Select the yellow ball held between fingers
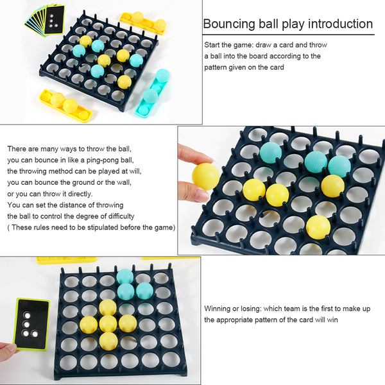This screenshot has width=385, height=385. pyautogui.click(x=205, y=176)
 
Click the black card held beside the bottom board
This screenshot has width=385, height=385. pyautogui.click(x=31, y=325)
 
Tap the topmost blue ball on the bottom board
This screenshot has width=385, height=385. pyautogui.click(x=125, y=276)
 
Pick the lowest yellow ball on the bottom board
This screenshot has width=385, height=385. pyautogui.click(x=108, y=341)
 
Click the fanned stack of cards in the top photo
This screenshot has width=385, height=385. pyautogui.click(x=45, y=21)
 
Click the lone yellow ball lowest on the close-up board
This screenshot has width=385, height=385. pyautogui.click(x=318, y=227)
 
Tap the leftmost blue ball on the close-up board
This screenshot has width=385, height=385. pyautogui.click(x=271, y=153)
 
